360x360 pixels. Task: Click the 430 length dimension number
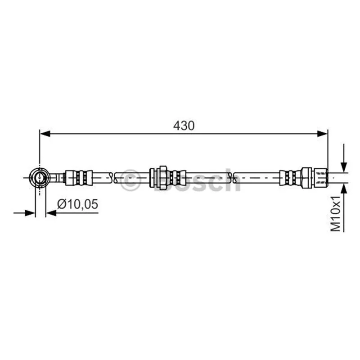coord(184,126)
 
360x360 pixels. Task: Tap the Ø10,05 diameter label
coord(77,204)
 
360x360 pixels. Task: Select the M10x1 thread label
coord(335,213)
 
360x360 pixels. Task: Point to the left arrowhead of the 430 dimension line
coord(45,133)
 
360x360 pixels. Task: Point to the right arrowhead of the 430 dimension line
coord(322,133)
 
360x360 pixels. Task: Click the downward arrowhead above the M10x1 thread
coord(344,167)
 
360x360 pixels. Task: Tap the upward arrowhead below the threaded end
coord(344,189)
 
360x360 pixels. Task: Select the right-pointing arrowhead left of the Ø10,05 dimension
coord(30,213)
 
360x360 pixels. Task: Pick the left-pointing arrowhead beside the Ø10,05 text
coord(51,213)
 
